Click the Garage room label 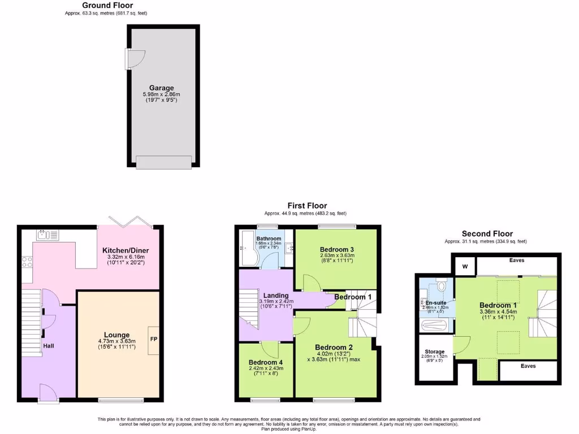click(161, 88)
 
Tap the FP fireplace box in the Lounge click(153, 340)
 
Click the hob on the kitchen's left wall click(27, 262)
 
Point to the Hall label click(48, 345)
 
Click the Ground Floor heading click(107, 5)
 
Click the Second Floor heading click(487, 233)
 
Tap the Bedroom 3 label click(337, 250)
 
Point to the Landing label click(276, 295)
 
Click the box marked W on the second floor click(465, 266)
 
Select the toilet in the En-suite click(442, 285)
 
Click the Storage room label click(434, 351)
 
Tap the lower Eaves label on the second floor click(528, 366)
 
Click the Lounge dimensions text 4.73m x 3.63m click(117, 341)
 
